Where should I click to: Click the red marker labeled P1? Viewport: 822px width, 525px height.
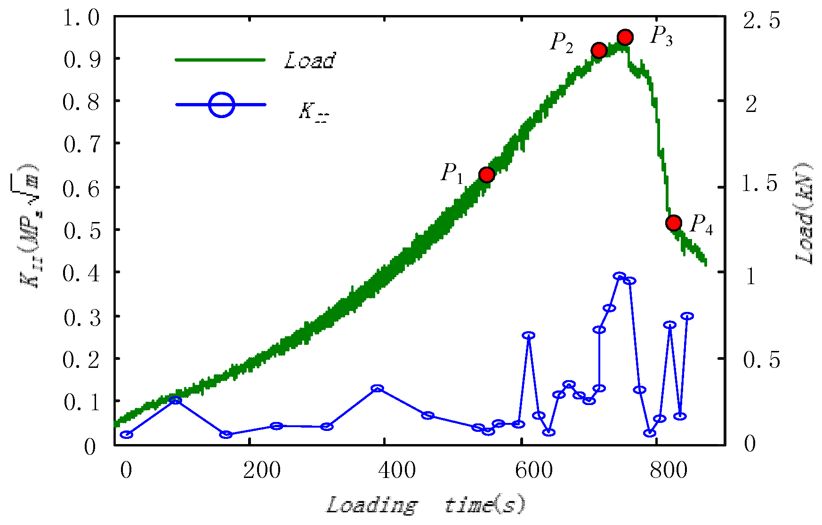(x=486, y=175)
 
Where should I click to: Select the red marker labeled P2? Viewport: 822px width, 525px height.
(x=599, y=50)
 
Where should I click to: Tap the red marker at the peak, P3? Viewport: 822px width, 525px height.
(x=625, y=37)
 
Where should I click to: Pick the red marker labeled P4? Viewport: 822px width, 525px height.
(x=674, y=223)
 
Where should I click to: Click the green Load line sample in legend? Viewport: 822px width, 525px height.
(x=220, y=60)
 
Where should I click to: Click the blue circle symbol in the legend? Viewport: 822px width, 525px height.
(x=221, y=104)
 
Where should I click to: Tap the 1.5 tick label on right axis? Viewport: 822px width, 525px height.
(x=760, y=183)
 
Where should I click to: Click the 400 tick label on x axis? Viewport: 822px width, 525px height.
(x=397, y=470)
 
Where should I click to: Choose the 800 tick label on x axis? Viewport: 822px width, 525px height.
(x=669, y=470)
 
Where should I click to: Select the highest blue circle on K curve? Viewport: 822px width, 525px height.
(x=620, y=276)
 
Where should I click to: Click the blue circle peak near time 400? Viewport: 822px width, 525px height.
(x=377, y=389)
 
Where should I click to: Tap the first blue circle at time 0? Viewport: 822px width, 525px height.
(x=126, y=434)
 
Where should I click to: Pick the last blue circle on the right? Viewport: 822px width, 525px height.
(x=687, y=316)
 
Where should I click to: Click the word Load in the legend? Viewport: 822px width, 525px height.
(x=309, y=60)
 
